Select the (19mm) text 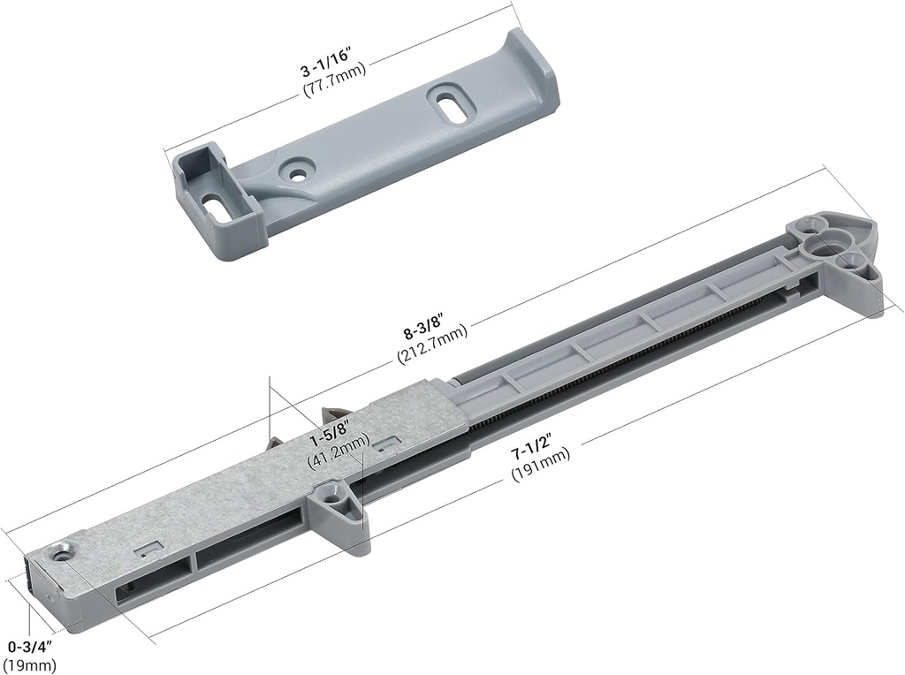coord(29,665)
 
